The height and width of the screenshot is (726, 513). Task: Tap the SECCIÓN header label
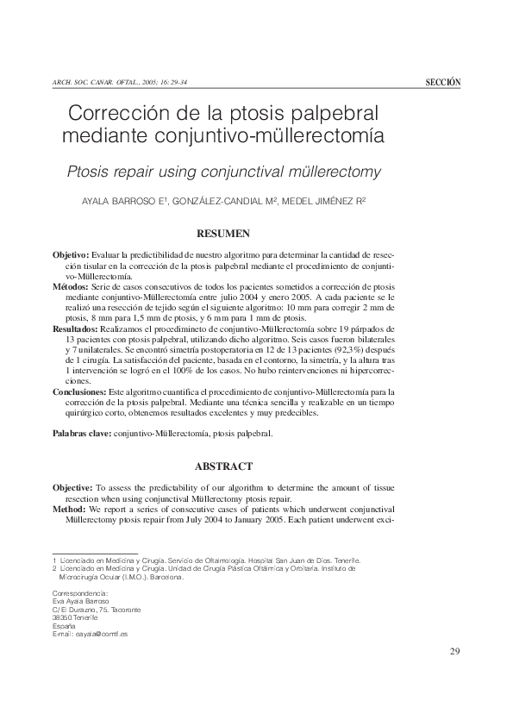pos(443,82)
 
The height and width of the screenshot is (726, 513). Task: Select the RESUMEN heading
pos(223,233)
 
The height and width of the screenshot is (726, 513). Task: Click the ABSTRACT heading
pos(223,466)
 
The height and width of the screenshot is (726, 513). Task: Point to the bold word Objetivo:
pos(71,257)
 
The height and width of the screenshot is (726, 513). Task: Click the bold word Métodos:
pos(71,285)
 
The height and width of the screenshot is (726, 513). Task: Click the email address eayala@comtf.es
pos(100,634)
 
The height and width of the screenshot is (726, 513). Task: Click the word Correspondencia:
pos(80,594)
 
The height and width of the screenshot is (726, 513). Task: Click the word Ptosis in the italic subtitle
pos(89,172)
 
